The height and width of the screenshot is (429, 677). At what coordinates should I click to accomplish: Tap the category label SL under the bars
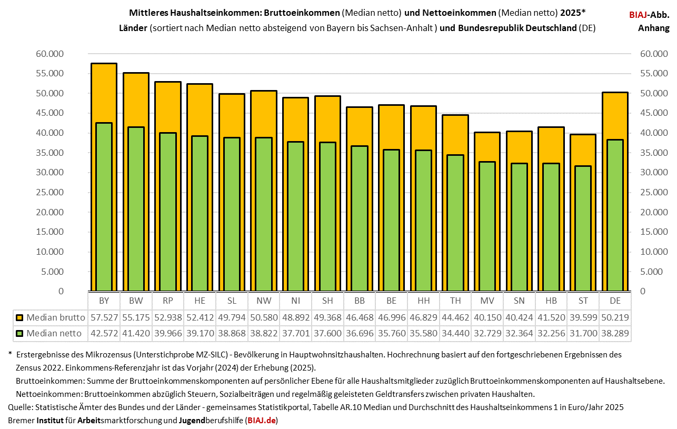coord(231,301)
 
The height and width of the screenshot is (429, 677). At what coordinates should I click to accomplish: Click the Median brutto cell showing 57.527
coord(103,318)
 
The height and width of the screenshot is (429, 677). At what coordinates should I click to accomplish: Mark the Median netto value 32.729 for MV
coord(486,333)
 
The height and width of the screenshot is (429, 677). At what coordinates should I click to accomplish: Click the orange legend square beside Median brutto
coord(19,318)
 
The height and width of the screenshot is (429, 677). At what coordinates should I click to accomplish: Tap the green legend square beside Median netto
coord(19,333)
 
